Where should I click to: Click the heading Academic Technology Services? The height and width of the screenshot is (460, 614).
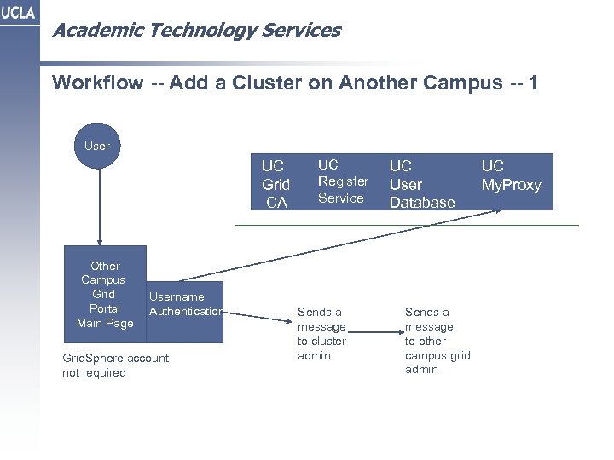pos(196,31)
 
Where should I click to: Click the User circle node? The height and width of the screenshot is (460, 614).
pos(97,146)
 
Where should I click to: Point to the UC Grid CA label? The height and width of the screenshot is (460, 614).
pos(275,183)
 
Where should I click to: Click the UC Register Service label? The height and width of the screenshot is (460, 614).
pos(343,181)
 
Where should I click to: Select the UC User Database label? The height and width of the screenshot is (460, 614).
pos(421,183)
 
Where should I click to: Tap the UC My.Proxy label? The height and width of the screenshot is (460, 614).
pos(511,175)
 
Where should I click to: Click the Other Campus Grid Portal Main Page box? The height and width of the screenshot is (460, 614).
pos(104,294)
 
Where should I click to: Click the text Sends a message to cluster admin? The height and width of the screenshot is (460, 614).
pos(321,333)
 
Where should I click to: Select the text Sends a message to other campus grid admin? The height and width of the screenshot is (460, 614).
pos(437,340)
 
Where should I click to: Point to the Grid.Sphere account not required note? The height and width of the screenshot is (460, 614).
pos(115,365)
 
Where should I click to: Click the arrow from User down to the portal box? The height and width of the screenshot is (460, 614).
pos(100,204)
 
